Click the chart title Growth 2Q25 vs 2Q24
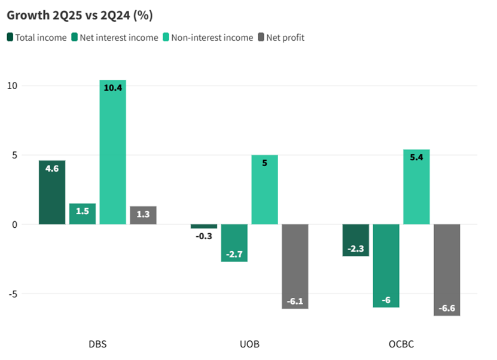(80, 14)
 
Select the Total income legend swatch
(10, 38)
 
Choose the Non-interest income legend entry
(212, 38)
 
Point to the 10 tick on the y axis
(13, 86)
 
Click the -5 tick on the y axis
(13, 294)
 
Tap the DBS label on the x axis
(97, 344)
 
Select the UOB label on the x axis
(249, 344)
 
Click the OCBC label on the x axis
(401, 344)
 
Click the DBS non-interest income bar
(112, 152)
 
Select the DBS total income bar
(52, 193)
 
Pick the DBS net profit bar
(143, 215)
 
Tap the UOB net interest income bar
(234, 243)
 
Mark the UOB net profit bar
(295, 266)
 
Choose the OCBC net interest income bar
(386, 266)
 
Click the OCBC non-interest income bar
(416, 187)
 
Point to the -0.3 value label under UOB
(204, 236)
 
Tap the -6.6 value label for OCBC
(447, 308)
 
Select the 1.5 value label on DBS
(83, 211)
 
